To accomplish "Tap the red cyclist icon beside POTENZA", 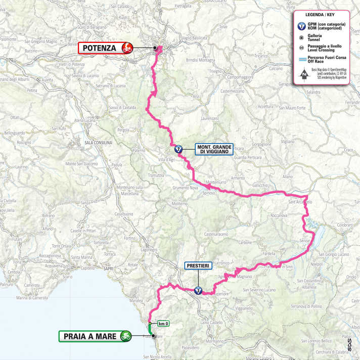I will pos(126,49).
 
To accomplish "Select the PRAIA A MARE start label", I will pos(89,335).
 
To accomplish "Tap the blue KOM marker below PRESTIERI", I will pos(198,290).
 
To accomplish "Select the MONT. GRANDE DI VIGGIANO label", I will pos(215,150).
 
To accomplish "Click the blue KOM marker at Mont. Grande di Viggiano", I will pos(178,149).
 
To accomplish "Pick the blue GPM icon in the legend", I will pos(301,26).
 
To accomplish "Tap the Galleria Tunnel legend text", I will pos(319,39).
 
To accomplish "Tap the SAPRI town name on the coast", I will pos(108,268).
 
